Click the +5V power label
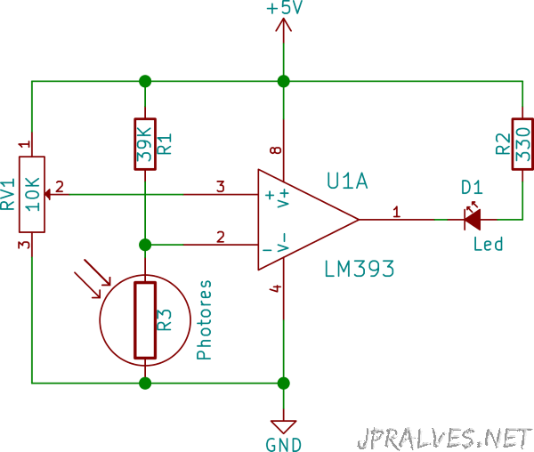tap(285, 7)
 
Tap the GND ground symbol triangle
tap(283, 426)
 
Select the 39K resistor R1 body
tap(145, 144)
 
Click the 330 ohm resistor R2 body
tap(522, 144)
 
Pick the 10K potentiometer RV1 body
tap(32, 194)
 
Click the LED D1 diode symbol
tap(473, 220)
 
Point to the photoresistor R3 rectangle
tap(145, 320)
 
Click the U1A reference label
tap(347, 181)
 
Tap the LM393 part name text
tap(360, 269)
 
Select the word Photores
tap(204, 319)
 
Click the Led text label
tap(488, 244)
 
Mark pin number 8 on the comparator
tap(276, 149)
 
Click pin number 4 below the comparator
tap(276, 288)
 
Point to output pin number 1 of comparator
tap(396, 212)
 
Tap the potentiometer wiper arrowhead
tap(48, 194)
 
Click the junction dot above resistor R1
tap(145, 81)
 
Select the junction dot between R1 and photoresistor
tap(145, 245)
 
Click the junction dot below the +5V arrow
tap(283, 81)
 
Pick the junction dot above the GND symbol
tap(283, 383)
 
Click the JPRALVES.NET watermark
tap(445, 438)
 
